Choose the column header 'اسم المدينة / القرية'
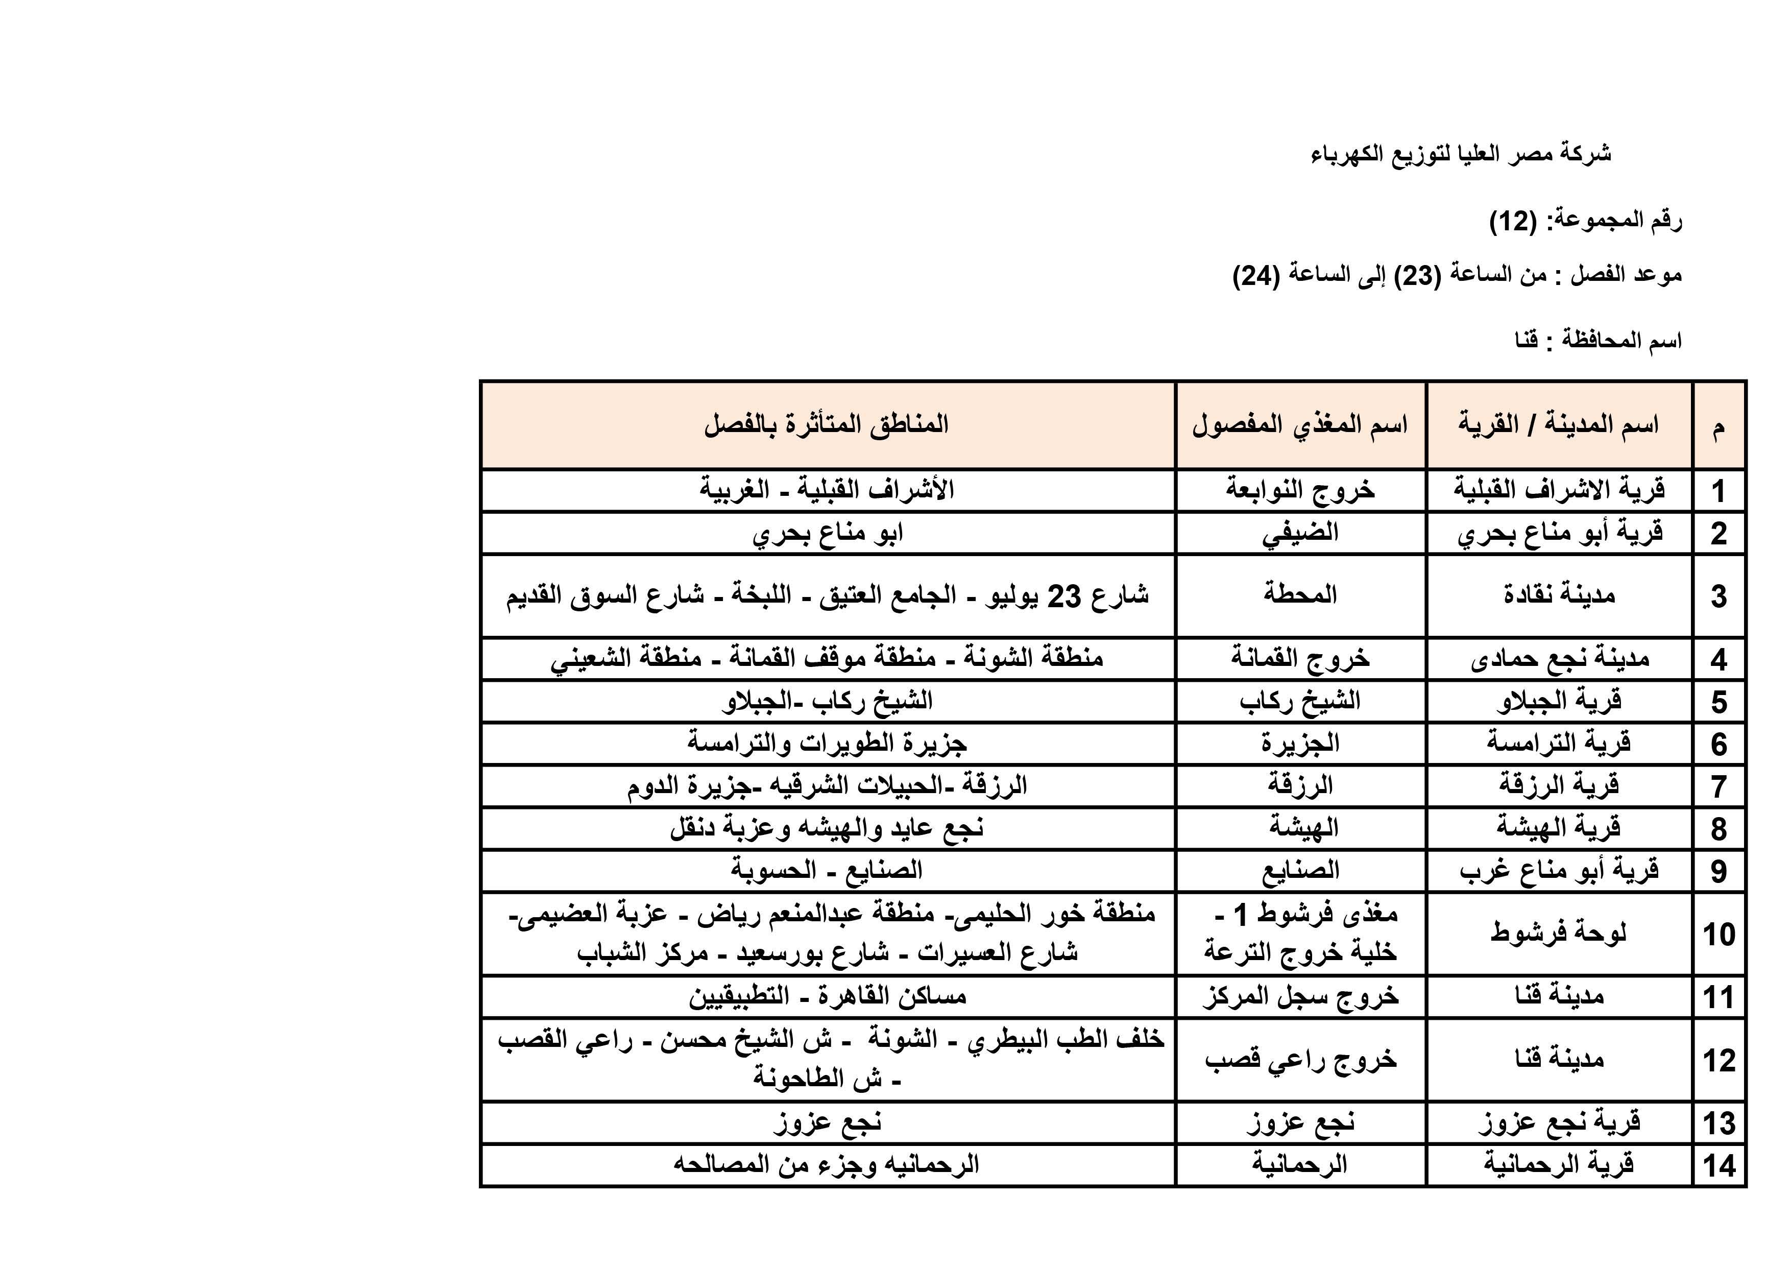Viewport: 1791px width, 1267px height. (x=1559, y=425)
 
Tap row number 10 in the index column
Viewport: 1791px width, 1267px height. (x=1719, y=934)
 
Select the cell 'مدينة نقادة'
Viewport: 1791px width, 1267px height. (x=1559, y=595)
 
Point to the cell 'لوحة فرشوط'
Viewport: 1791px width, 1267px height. (x=1559, y=933)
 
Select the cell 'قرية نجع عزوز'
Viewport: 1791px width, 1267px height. (x=1559, y=1122)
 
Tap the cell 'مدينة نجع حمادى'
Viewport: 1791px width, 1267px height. (x=1559, y=659)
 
